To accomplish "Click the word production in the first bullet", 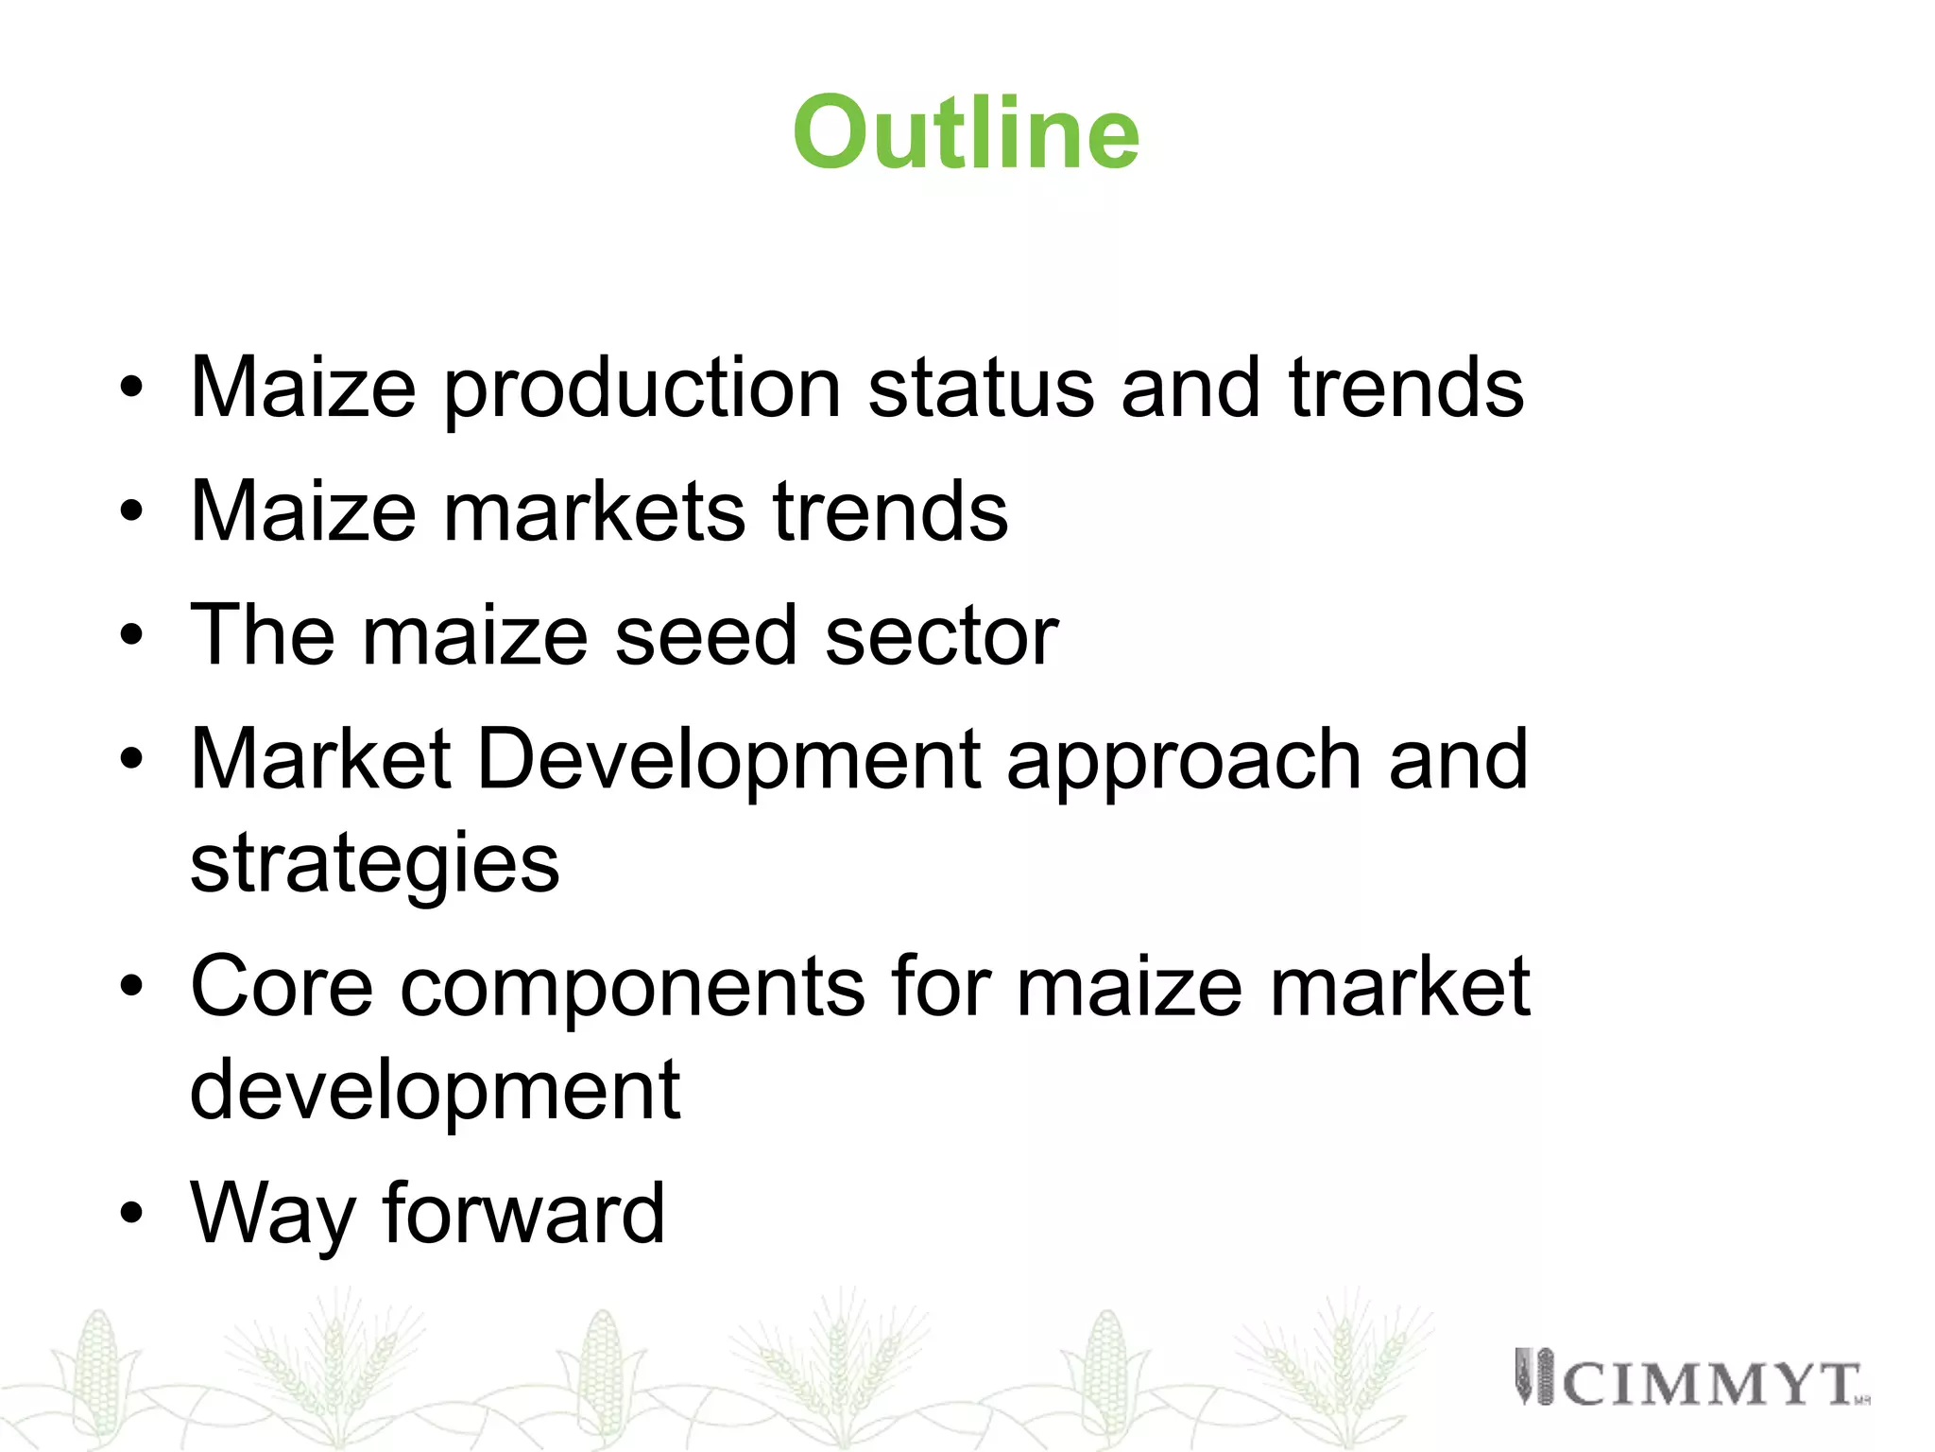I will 642,389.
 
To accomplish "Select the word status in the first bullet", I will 980,389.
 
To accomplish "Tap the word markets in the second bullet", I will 593,511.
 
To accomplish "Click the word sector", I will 941,635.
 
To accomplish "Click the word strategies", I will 375,864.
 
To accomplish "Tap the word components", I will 631,988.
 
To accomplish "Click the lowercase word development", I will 435,1090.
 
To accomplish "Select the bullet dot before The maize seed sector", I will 131,635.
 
